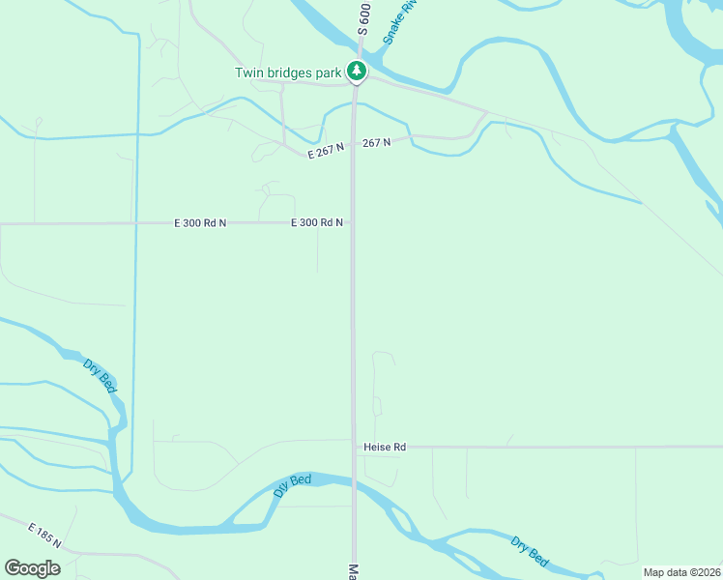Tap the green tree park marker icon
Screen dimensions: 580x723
coord(357,71)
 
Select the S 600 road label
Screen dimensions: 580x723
coord(363,18)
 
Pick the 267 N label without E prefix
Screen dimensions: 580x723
coord(377,142)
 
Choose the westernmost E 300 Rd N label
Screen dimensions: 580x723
coord(200,223)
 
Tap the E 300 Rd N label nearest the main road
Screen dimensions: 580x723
coord(317,223)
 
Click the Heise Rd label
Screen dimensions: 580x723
coord(385,448)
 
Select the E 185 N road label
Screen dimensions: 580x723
coord(44,536)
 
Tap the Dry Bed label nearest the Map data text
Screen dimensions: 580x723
coord(530,552)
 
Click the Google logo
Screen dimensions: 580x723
coord(32,568)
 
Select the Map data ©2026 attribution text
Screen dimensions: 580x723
coord(682,572)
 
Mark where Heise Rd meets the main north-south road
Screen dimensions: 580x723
coord(355,448)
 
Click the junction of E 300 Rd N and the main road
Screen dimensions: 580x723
coord(353,223)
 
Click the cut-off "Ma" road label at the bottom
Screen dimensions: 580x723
coord(354,571)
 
